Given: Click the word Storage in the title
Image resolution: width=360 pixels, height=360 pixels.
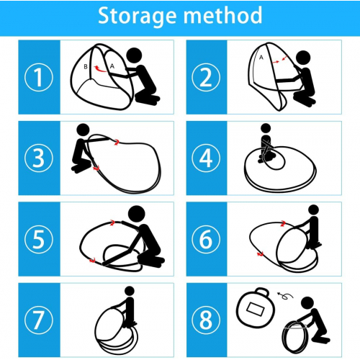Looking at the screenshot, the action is click(x=137, y=16).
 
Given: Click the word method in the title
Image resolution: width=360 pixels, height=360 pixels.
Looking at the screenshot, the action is click(x=222, y=15).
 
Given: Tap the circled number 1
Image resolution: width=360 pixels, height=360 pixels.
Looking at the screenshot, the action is click(x=39, y=77).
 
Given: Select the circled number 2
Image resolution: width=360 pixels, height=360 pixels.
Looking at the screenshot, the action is click(x=206, y=77).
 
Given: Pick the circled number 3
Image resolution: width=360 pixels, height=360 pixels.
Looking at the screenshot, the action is click(x=39, y=158).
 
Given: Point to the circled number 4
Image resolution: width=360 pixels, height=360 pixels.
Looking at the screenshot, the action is click(x=206, y=158).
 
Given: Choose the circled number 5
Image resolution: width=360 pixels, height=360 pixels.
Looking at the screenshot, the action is click(x=39, y=239).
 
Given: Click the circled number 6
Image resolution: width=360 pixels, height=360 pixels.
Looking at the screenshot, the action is click(x=206, y=239).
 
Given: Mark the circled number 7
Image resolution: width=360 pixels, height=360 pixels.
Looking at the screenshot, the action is click(x=39, y=320).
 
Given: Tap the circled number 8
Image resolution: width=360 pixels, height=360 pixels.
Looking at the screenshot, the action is click(x=206, y=320).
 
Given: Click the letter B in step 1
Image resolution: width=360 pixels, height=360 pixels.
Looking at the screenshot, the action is click(x=86, y=67).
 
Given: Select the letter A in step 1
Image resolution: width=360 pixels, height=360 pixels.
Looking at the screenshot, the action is click(x=112, y=66).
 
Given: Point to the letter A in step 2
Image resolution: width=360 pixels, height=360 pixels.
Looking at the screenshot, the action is click(x=261, y=58).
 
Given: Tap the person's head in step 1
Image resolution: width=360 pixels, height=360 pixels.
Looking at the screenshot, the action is click(x=134, y=55).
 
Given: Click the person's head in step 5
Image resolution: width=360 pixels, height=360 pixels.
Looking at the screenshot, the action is click(x=137, y=214).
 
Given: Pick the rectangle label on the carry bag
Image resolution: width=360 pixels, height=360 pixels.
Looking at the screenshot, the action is click(x=256, y=310).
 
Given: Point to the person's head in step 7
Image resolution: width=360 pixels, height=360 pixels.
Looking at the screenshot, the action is click(x=130, y=291).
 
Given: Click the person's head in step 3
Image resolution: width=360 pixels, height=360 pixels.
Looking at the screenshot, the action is click(x=83, y=130).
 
